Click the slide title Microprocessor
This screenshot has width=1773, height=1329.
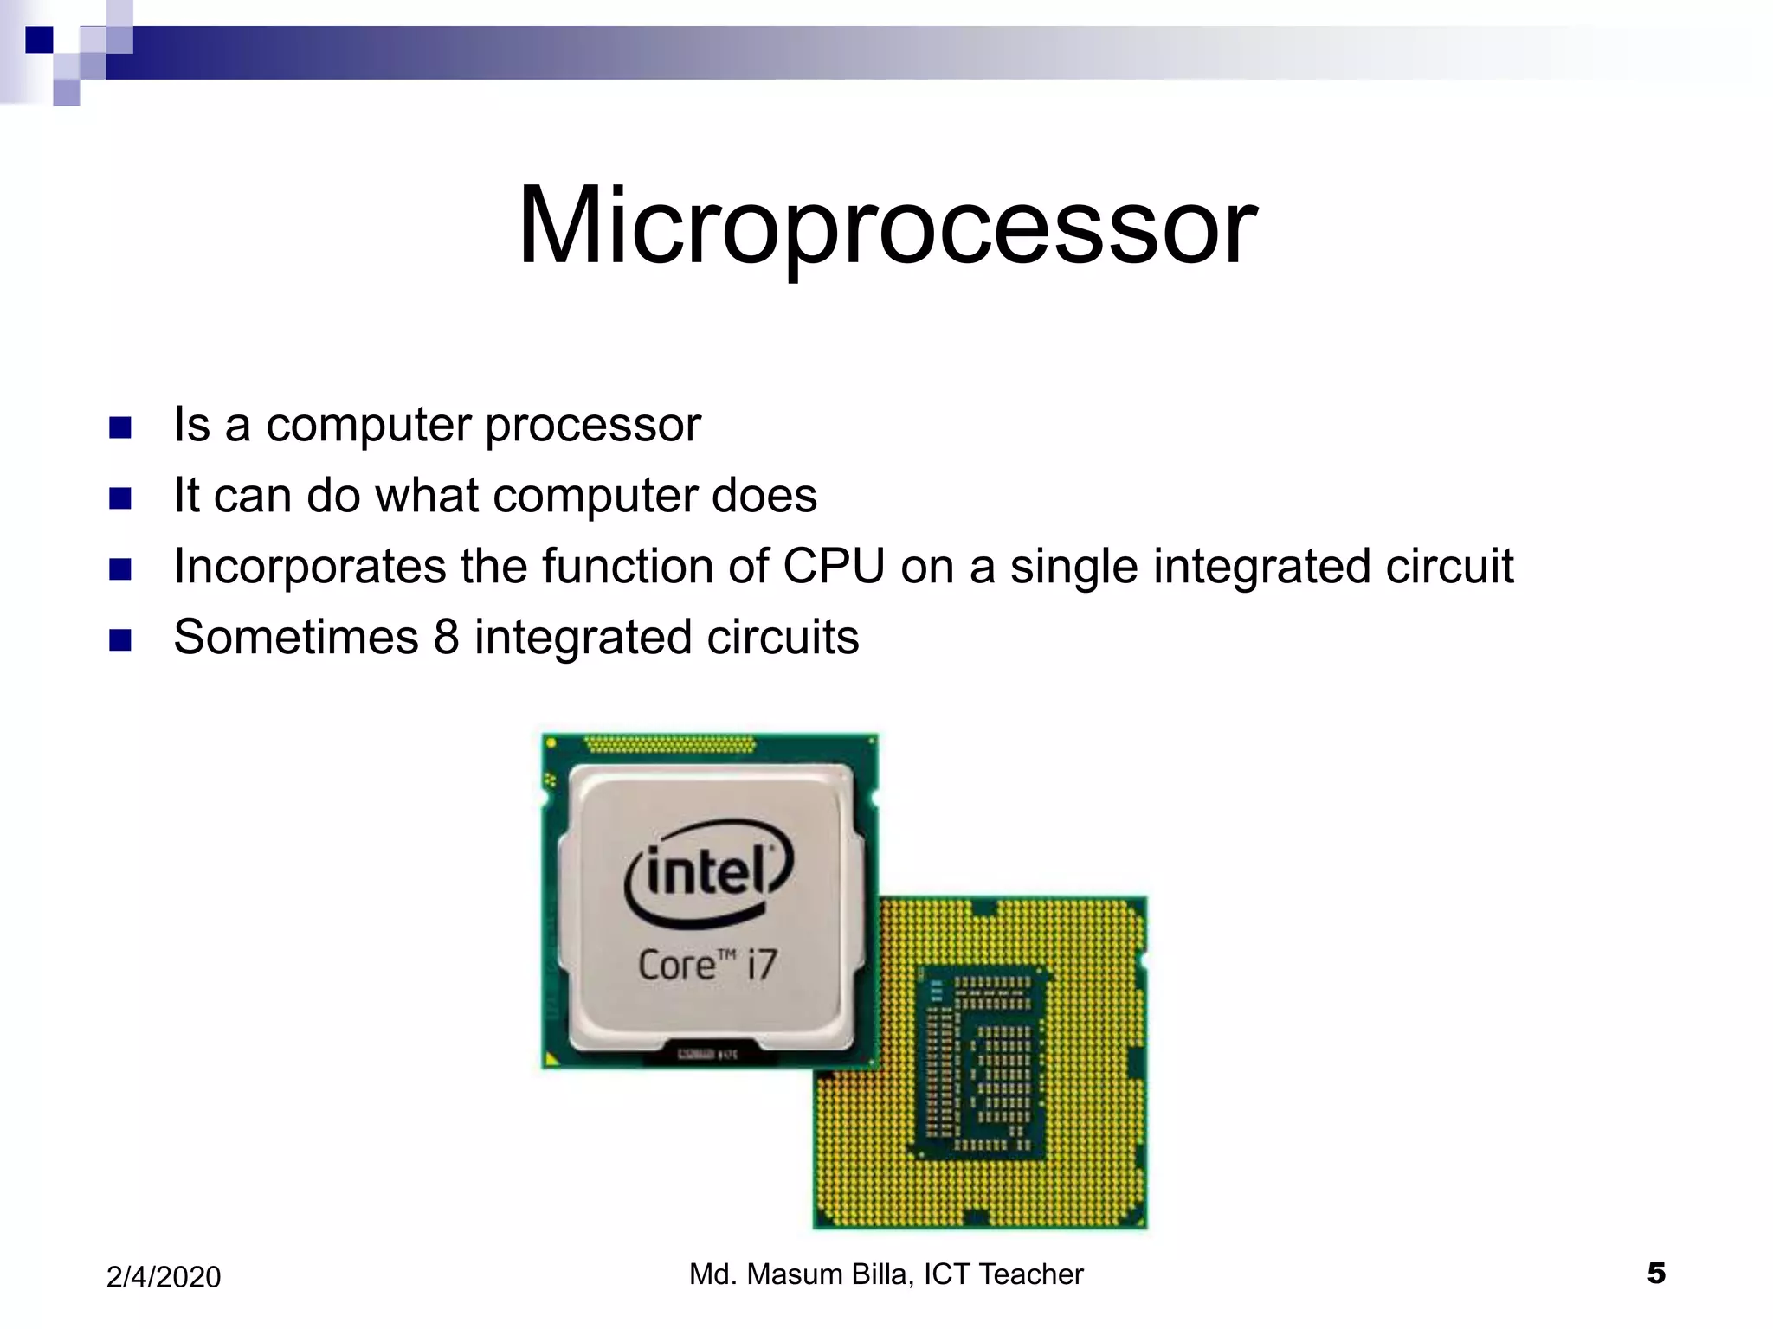pyautogui.click(x=886, y=227)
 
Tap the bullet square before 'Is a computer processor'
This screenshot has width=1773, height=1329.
pyautogui.click(x=120, y=427)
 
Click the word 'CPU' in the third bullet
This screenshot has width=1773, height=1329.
pyautogui.click(x=833, y=567)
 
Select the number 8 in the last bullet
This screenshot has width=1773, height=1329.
pyautogui.click(x=446, y=638)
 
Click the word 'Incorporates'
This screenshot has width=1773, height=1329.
pyautogui.click(x=309, y=567)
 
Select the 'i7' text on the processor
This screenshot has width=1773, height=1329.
pyautogui.click(x=762, y=965)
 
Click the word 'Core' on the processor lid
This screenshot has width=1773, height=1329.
pyautogui.click(x=676, y=966)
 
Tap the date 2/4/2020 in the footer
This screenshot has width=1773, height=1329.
pyautogui.click(x=164, y=1277)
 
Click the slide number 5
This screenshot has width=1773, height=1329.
pyautogui.click(x=1655, y=1273)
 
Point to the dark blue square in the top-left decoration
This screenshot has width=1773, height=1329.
pyautogui.click(x=39, y=40)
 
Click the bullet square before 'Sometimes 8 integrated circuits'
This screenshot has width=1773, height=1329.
pyautogui.click(x=120, y=640)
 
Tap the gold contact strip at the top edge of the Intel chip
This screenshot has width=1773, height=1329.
pyautogui.click(x=669, y=744)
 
